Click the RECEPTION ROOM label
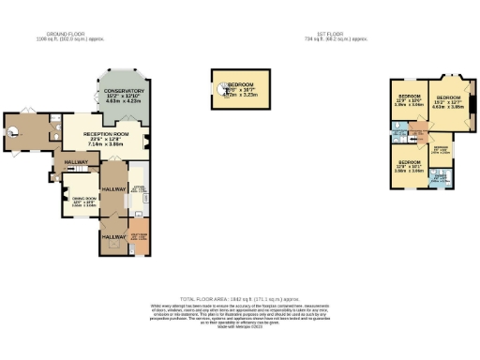pyautogui.click(x=105, y=135)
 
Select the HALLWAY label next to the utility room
pyautogui.click(x=113, y=238)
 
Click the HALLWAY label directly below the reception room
pyautogui.click(x=76, y=162)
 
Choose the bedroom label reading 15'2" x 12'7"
pyautogui.click(x=449, y=99)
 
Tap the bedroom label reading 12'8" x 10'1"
pyautogui.click(x=410, y=167)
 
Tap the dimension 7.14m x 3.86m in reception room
pyautogui.click(x=105, y=145)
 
